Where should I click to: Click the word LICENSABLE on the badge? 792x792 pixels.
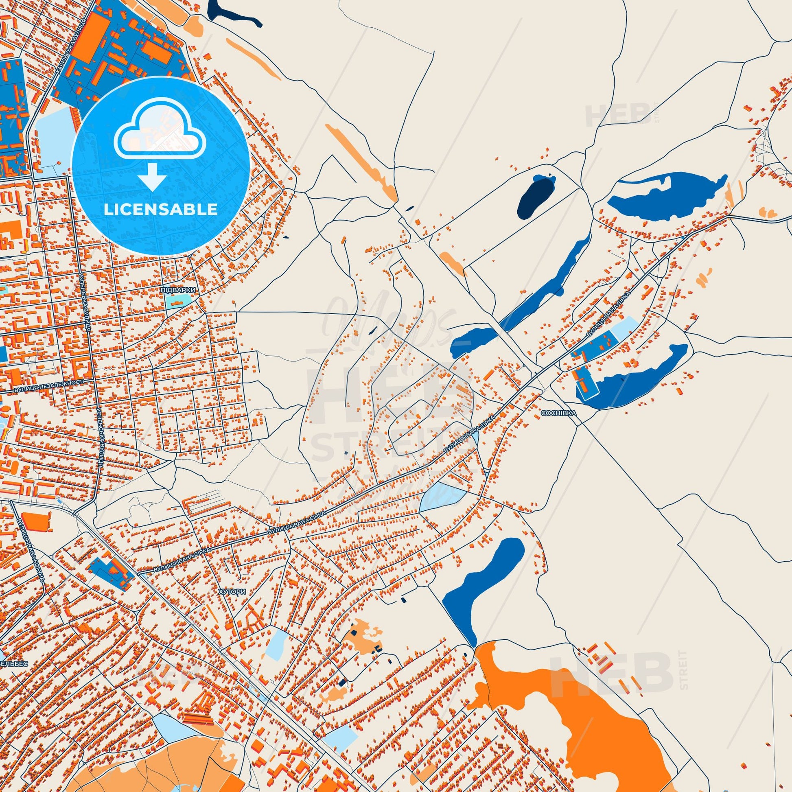pyautogui.click(x=160, y=210)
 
